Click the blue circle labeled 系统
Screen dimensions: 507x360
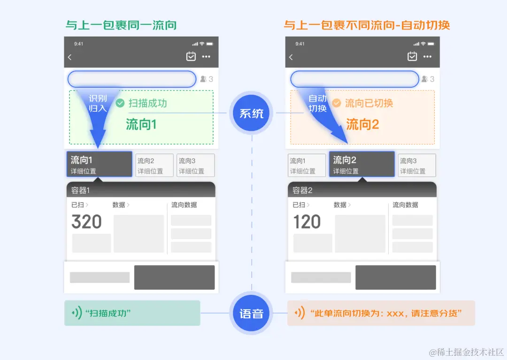click(x=252, y=114)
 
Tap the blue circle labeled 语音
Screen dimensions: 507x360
click(x=252, y=314)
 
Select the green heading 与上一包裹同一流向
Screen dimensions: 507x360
click(x=121, y=24)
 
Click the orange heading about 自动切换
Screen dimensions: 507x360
click(x=367, y=24)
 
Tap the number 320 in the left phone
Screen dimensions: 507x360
click(x=86, y=222)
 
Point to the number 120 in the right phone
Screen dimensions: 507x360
click(x=307, y=222)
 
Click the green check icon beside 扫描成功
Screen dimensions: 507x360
click(x=120, y=103)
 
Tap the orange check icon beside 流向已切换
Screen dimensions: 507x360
click(x=337, y=103)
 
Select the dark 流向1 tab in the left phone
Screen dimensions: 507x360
click(x=99, y=164)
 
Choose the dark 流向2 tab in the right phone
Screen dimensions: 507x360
click(x=361, y=164)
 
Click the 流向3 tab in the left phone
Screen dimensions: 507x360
click(x=195, y=165)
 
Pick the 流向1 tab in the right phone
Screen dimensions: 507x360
click(x=307, y=165)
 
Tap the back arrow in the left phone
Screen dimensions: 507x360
click(x=70, y=57)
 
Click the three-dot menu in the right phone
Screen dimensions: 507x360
click(x=427, y=57)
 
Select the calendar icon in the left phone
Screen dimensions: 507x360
click(x=191, y=57)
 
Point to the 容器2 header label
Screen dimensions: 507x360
click(x=303, y=190)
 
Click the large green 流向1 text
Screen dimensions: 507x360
click(x=141, y=124)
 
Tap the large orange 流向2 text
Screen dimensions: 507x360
click(x=362, y=124)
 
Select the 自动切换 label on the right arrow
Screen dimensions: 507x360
click(x=317, y=103)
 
